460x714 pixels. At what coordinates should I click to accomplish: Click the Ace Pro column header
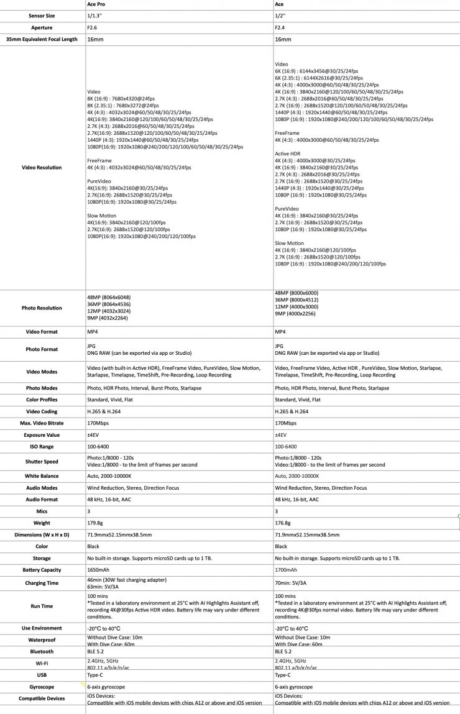click(x=96, y=4)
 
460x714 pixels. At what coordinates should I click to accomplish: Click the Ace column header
click(x=279, y=4)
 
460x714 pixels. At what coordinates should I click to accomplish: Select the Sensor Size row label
click(x=42, y=16)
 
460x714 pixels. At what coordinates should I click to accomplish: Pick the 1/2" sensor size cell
click(x=280, y=16)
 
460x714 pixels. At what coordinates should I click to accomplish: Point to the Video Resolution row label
click(x=42, y=167)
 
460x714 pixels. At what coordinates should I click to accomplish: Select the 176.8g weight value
click(x=283, y=523)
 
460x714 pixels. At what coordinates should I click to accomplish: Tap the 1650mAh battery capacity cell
click(x=98, y=570)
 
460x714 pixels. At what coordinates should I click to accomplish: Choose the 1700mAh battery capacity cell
click(x=286, y=570)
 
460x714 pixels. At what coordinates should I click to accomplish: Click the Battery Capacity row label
click(x=42, y=570)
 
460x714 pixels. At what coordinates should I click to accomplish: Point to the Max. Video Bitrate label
click(x=42, y=423)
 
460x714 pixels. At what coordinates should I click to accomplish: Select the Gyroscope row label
click(x=42, y=687)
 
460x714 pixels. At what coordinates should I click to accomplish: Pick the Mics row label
click(x=42, y=511)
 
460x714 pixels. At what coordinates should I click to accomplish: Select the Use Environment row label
click(x=42, y=628)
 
